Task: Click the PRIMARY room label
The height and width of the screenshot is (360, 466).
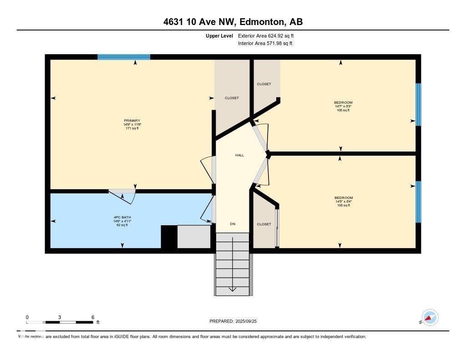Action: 132,121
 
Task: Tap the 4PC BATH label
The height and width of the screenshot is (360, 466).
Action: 119,217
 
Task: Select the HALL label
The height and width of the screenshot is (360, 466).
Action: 239,155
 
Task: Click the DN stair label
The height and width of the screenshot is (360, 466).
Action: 233,224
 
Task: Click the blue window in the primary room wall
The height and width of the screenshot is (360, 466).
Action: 124,57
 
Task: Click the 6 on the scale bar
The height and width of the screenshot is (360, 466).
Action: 92,317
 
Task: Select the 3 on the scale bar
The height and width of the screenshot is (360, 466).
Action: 60,317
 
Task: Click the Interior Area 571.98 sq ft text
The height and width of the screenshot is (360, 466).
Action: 265,44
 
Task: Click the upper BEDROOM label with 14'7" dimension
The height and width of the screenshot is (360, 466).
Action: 343,102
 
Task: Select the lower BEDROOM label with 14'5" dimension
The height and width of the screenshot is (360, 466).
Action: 344,198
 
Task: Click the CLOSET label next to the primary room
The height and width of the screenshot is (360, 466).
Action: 232,98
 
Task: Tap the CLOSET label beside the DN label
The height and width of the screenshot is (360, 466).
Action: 264,224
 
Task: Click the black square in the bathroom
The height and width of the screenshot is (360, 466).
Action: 169,237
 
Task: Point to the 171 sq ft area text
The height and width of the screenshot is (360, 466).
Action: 132,128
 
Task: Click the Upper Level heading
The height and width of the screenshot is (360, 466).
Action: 219,35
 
